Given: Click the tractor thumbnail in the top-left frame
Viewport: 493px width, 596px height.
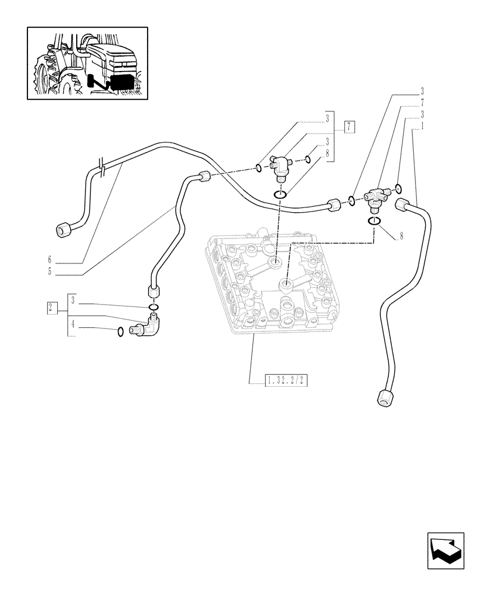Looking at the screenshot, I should [x=88, y=63].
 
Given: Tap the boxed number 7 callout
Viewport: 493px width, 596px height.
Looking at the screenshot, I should [x=350, y=126].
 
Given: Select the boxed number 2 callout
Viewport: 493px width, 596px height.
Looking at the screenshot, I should [x=52, y=308].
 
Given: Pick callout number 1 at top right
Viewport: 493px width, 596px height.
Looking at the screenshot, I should [x=421, y=127].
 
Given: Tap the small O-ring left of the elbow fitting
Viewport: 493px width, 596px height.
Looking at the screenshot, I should [x=121, y=332].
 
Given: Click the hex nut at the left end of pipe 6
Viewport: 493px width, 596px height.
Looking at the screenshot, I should [x=63, y=229].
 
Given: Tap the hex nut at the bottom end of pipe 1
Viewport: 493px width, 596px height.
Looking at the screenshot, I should [x=385, y=398].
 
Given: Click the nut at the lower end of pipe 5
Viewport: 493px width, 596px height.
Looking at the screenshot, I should [x=153, y=293].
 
